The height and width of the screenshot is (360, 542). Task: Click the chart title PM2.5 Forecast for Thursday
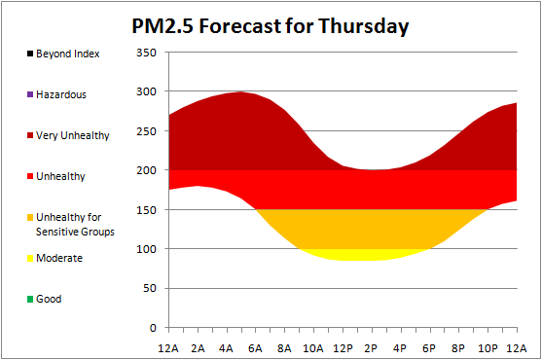coord(271,26)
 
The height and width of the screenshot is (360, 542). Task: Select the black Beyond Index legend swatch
coord(30,54)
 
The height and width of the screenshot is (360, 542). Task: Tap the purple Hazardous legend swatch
coord(30,94)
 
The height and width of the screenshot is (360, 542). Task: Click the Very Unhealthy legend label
coord(73,135)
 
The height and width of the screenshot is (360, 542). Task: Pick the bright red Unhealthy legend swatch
coord(30,176)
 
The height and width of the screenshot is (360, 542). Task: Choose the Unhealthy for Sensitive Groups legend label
coord(75,224)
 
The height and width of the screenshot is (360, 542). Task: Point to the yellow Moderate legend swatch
coord(30,258)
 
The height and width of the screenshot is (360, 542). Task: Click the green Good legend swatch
coord(30,299)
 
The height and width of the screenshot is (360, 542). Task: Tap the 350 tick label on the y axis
coord(146,53)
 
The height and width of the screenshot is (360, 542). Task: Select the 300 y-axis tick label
coord(146,91)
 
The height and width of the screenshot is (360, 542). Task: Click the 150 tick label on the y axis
coord(146,210)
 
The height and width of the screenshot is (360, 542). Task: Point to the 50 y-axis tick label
coord(150,288)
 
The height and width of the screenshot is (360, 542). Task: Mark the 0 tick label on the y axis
coord(153,328)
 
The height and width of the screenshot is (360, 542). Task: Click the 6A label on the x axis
coord(255,348)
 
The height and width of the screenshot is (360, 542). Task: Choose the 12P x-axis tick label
coord(343,348)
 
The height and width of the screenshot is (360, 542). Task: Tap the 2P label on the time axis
coord(371,348)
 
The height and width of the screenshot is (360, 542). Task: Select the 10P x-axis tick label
coord(488,348)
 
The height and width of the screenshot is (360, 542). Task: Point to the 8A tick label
coord(284,348)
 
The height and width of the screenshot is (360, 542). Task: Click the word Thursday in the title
coord(363,26)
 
